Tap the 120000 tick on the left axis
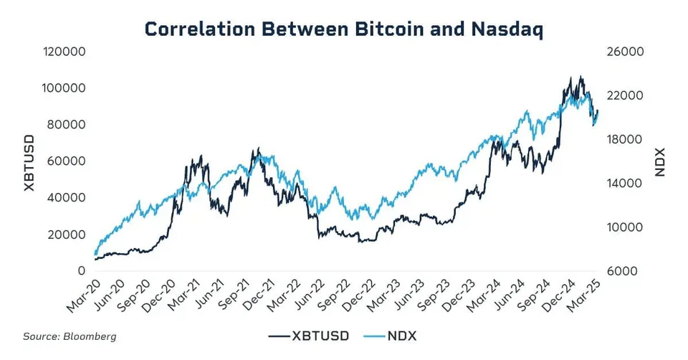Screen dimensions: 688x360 (64, 52)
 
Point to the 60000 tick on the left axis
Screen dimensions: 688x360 (67, 161)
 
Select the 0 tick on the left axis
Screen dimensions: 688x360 (82, 271)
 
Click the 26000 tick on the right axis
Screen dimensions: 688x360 (625, 52)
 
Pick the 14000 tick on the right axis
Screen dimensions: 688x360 (624, 184)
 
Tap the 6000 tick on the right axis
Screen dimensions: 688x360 (622, 271)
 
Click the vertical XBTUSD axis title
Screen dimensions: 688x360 (29, 163)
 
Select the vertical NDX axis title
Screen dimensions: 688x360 (660, 162)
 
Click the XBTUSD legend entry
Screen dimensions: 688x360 (309, 336)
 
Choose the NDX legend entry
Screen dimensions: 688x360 (390, 336)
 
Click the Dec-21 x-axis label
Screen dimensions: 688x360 (259, 295)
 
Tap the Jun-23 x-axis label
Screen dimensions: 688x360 (409, 295)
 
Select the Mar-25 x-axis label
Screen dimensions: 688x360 (583, 296)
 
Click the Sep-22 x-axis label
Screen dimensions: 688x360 (334, 295)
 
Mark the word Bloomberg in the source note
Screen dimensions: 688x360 (90, 337)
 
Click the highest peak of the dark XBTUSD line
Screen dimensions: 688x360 (581, 77)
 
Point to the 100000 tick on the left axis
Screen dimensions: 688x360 (64, 88)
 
